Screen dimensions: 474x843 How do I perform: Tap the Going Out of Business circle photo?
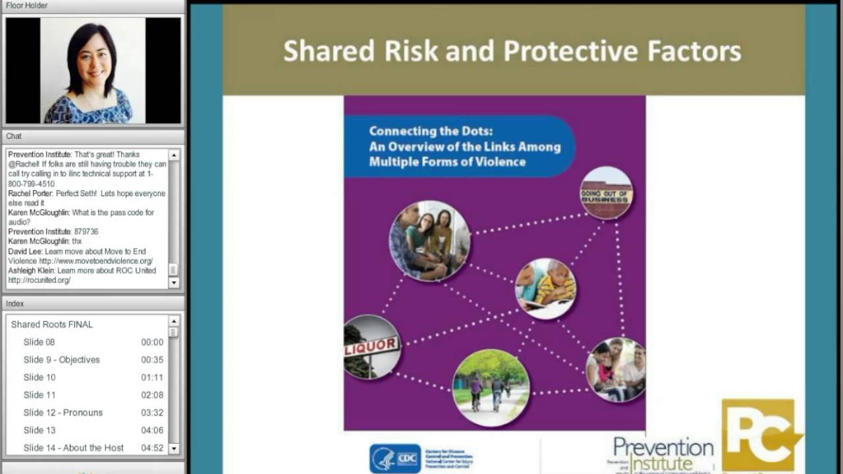[x=606, y=192]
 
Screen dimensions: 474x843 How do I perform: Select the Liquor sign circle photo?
[x=371, y=346]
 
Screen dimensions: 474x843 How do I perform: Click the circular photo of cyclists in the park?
[x=491, y=388]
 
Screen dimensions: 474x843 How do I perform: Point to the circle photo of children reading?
[x=545, y=288]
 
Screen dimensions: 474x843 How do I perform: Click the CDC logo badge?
[x=395, y=458]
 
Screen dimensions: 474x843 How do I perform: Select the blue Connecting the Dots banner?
[x=460, y=146]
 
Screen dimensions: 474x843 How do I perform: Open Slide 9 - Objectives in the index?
[x=62, y=359]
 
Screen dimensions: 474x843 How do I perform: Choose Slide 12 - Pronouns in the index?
[x=63, y=413]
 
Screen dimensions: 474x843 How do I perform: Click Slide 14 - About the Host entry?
[x=74, y=448]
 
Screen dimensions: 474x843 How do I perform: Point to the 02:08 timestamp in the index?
[x=152, y=395]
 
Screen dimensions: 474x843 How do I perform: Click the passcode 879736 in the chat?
[x=86, y=232]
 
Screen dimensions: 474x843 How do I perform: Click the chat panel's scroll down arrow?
[x=174, y=282]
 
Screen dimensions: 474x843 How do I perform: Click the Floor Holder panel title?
[x=27, y=5]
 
